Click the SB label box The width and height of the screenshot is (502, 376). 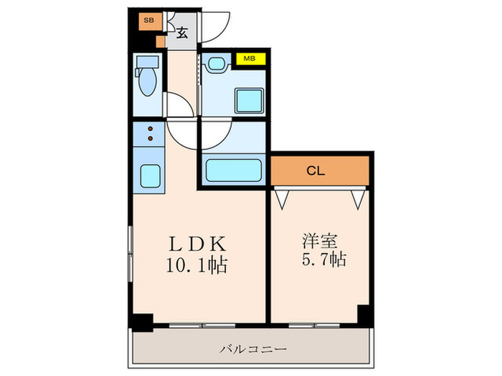point(148,21)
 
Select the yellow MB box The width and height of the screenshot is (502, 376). point(251,59)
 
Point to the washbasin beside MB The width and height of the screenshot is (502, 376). point(216,64)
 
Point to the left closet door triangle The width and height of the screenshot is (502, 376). point(283,197)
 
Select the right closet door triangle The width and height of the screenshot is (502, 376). point(359,197)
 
